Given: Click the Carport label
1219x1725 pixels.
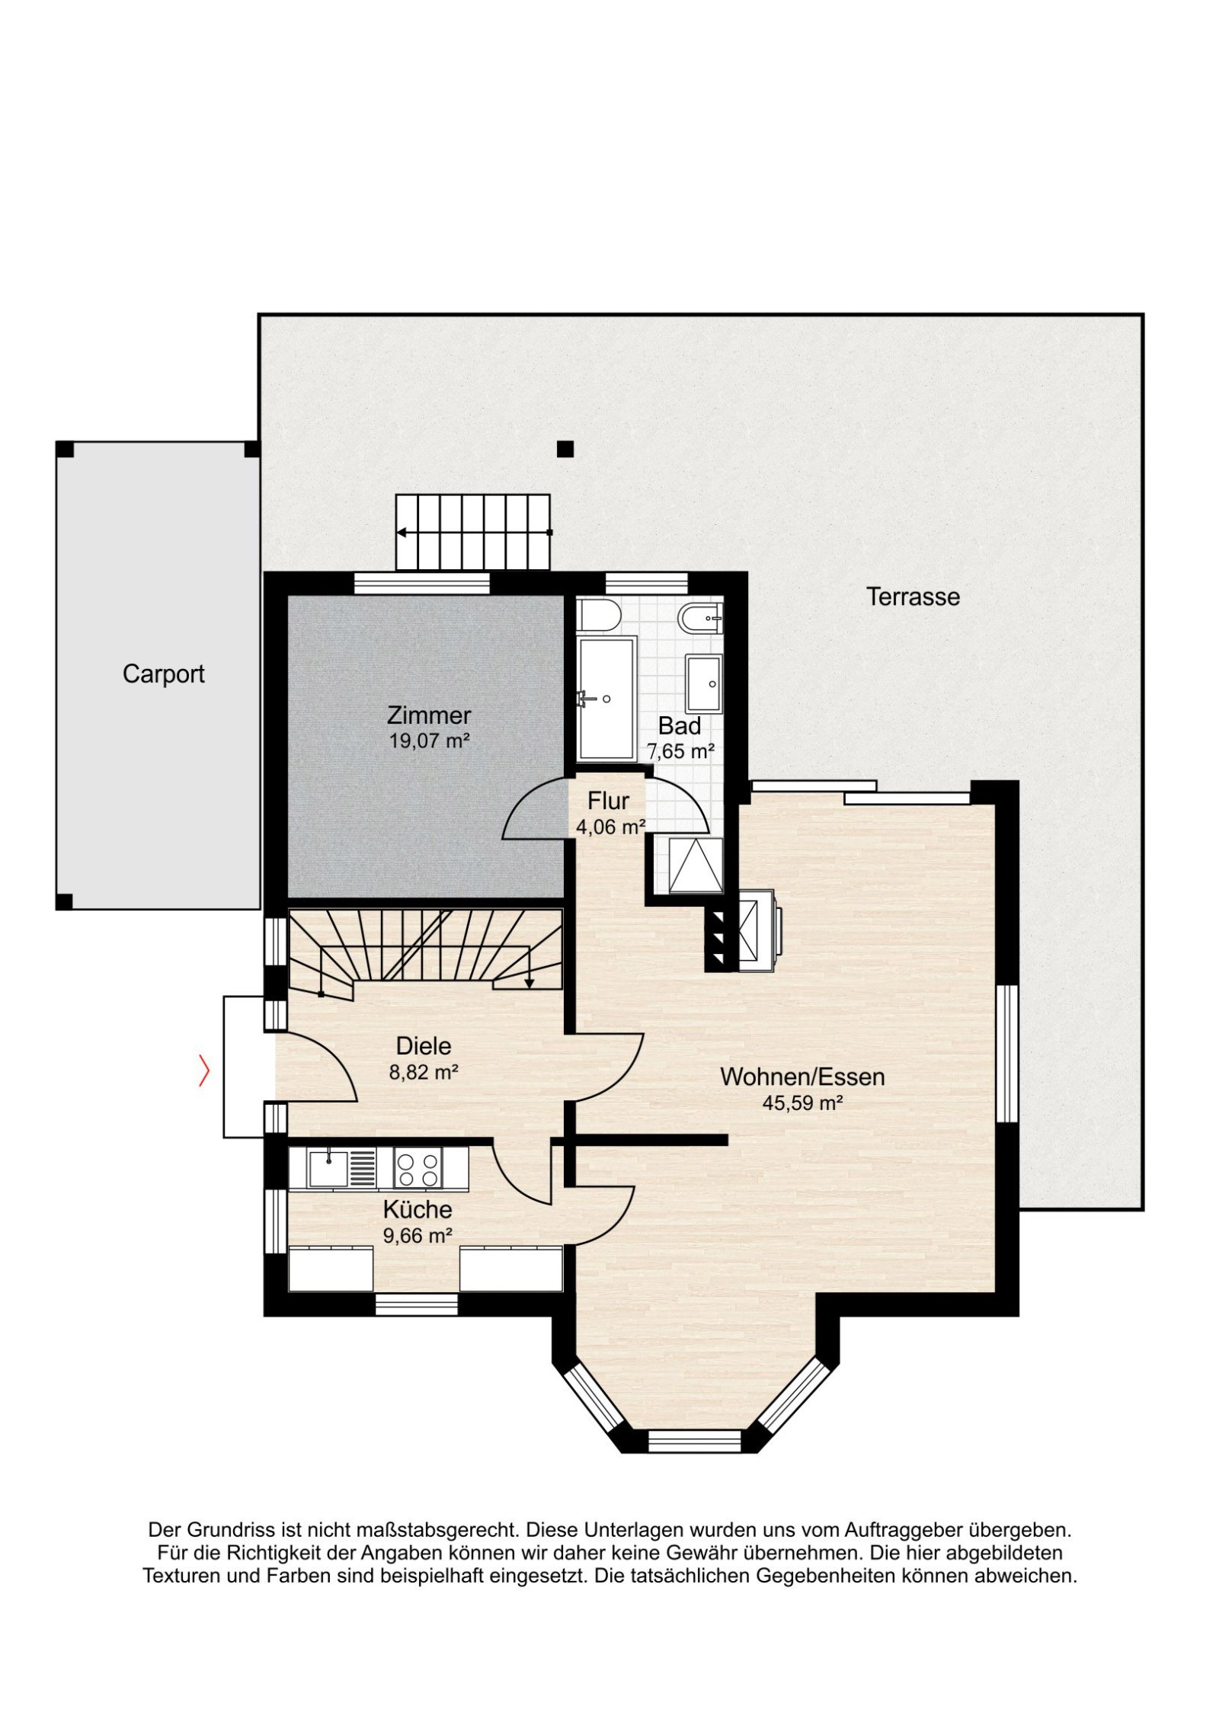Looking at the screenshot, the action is pyautogui.click(x=163, y=674).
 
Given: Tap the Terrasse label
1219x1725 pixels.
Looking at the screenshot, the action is pyautogui.click(x=913, y=596).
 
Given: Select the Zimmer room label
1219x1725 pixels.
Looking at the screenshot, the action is pyautogui.click(x=429, y=715).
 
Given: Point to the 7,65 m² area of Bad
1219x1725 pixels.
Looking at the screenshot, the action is pyautogui.click(x=680, y=751).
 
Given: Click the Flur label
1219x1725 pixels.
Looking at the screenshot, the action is pyautogui.click(x=608, y=801).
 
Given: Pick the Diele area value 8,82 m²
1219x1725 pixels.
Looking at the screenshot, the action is pyautogui.click(x=424, y=1073).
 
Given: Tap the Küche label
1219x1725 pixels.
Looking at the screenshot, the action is pyautogui.click(x=418, y=1209).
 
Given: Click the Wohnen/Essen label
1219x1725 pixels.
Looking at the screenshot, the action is pyautogui.click(x=802, y=1077).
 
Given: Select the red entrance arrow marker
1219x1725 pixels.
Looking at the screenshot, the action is pyautogui.click(x=204, y=1070).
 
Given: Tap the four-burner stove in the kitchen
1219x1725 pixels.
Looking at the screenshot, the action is pyautogui.click(x=418, y=1169).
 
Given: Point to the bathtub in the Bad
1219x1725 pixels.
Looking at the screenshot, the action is pyautogui.click(x=606, y=699).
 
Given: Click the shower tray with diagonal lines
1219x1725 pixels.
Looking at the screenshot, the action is pyautogui.click(x=696, y=864).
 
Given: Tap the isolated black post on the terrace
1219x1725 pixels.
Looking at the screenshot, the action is pyautogui.click(x=565, y=449).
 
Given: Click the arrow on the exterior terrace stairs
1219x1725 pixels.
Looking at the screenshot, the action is pyautogui.click(x=475, y=532).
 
